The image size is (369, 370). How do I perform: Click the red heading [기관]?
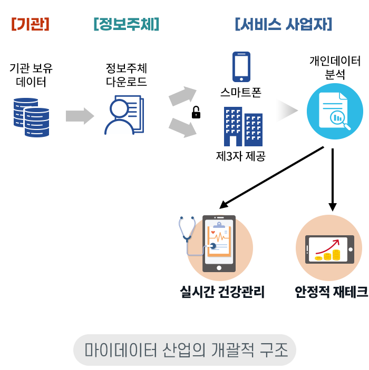tap(30, 24)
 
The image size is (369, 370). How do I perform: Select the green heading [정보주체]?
tap(126, 24)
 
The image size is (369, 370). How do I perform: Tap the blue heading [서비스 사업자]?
tap(283, 24)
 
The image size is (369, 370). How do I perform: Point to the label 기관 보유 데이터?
tap(31, 75)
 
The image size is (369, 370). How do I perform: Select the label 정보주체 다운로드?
tap(127, 75)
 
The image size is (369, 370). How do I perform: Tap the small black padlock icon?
tap(196, 112)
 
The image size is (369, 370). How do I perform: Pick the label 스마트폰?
tap(241, 94)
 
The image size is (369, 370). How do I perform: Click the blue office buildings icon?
tap(242, 127)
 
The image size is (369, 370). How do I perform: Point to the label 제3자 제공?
tap(241, 156)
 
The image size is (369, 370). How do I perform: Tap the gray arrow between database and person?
tap(80, 116)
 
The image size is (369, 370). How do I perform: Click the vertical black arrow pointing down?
tap(333, 179)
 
